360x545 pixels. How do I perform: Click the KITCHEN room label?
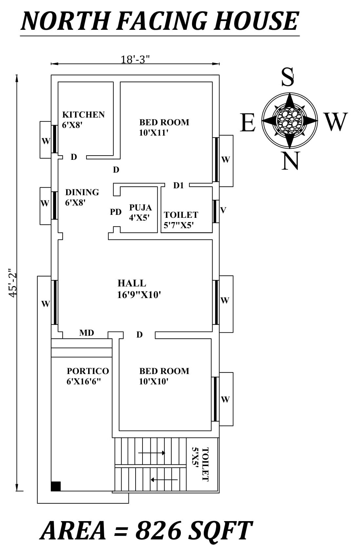point(83,115)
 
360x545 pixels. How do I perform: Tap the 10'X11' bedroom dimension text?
point(153,133)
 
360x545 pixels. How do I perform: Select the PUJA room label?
point(140,208)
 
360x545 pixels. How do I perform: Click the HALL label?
point(132,283)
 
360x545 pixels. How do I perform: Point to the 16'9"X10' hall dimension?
point(139,295)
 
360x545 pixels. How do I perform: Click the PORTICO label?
point(88,371)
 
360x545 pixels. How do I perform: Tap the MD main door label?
point(86,333)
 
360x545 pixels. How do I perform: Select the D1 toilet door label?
point(179,186)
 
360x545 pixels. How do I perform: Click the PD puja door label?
point(116,212)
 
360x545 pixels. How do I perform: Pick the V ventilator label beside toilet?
point(223,210)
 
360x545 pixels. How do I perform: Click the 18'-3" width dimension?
point(135,60)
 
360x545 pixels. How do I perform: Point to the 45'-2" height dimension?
point(12,283)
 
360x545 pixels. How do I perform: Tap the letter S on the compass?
point(288,77)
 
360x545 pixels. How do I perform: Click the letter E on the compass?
point(248,122)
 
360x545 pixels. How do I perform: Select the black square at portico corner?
point(56,486)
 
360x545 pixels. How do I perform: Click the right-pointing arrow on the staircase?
point(152,453)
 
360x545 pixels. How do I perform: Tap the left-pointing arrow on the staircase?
point(164,480)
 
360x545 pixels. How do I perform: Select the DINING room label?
point(82,192)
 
